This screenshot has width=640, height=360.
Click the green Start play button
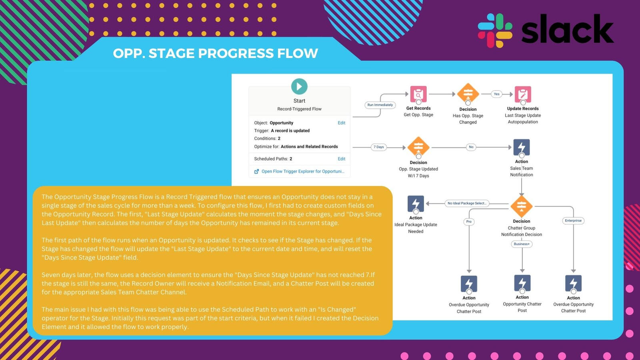(299, 86)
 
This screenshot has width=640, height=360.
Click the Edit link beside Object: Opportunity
(341, 123)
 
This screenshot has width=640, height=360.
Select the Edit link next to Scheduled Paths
(341, 159)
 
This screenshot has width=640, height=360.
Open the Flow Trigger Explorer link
(302, 171)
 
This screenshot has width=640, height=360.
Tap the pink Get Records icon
(418, 94)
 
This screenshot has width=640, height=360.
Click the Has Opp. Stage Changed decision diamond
(468, 94)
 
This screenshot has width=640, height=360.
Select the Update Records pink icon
(523, 94)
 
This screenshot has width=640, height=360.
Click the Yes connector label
(496, 94)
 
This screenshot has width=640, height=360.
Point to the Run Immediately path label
(380, 105)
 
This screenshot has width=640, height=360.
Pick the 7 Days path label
(378, 147)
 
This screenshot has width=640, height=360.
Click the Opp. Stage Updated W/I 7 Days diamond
(418, 147)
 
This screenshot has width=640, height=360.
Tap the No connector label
(471, 147)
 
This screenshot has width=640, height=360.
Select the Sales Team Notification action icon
(522, 147)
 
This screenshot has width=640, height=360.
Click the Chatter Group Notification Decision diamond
(522, 206)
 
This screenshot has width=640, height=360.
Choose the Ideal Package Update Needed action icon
(416, 204)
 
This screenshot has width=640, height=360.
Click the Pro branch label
(469, 221)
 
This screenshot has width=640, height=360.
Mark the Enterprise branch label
(573, 220)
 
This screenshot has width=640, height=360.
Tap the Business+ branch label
(522, 244)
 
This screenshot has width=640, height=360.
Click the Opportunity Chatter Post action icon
(522, 283)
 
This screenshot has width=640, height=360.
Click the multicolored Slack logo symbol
(495, 30)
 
